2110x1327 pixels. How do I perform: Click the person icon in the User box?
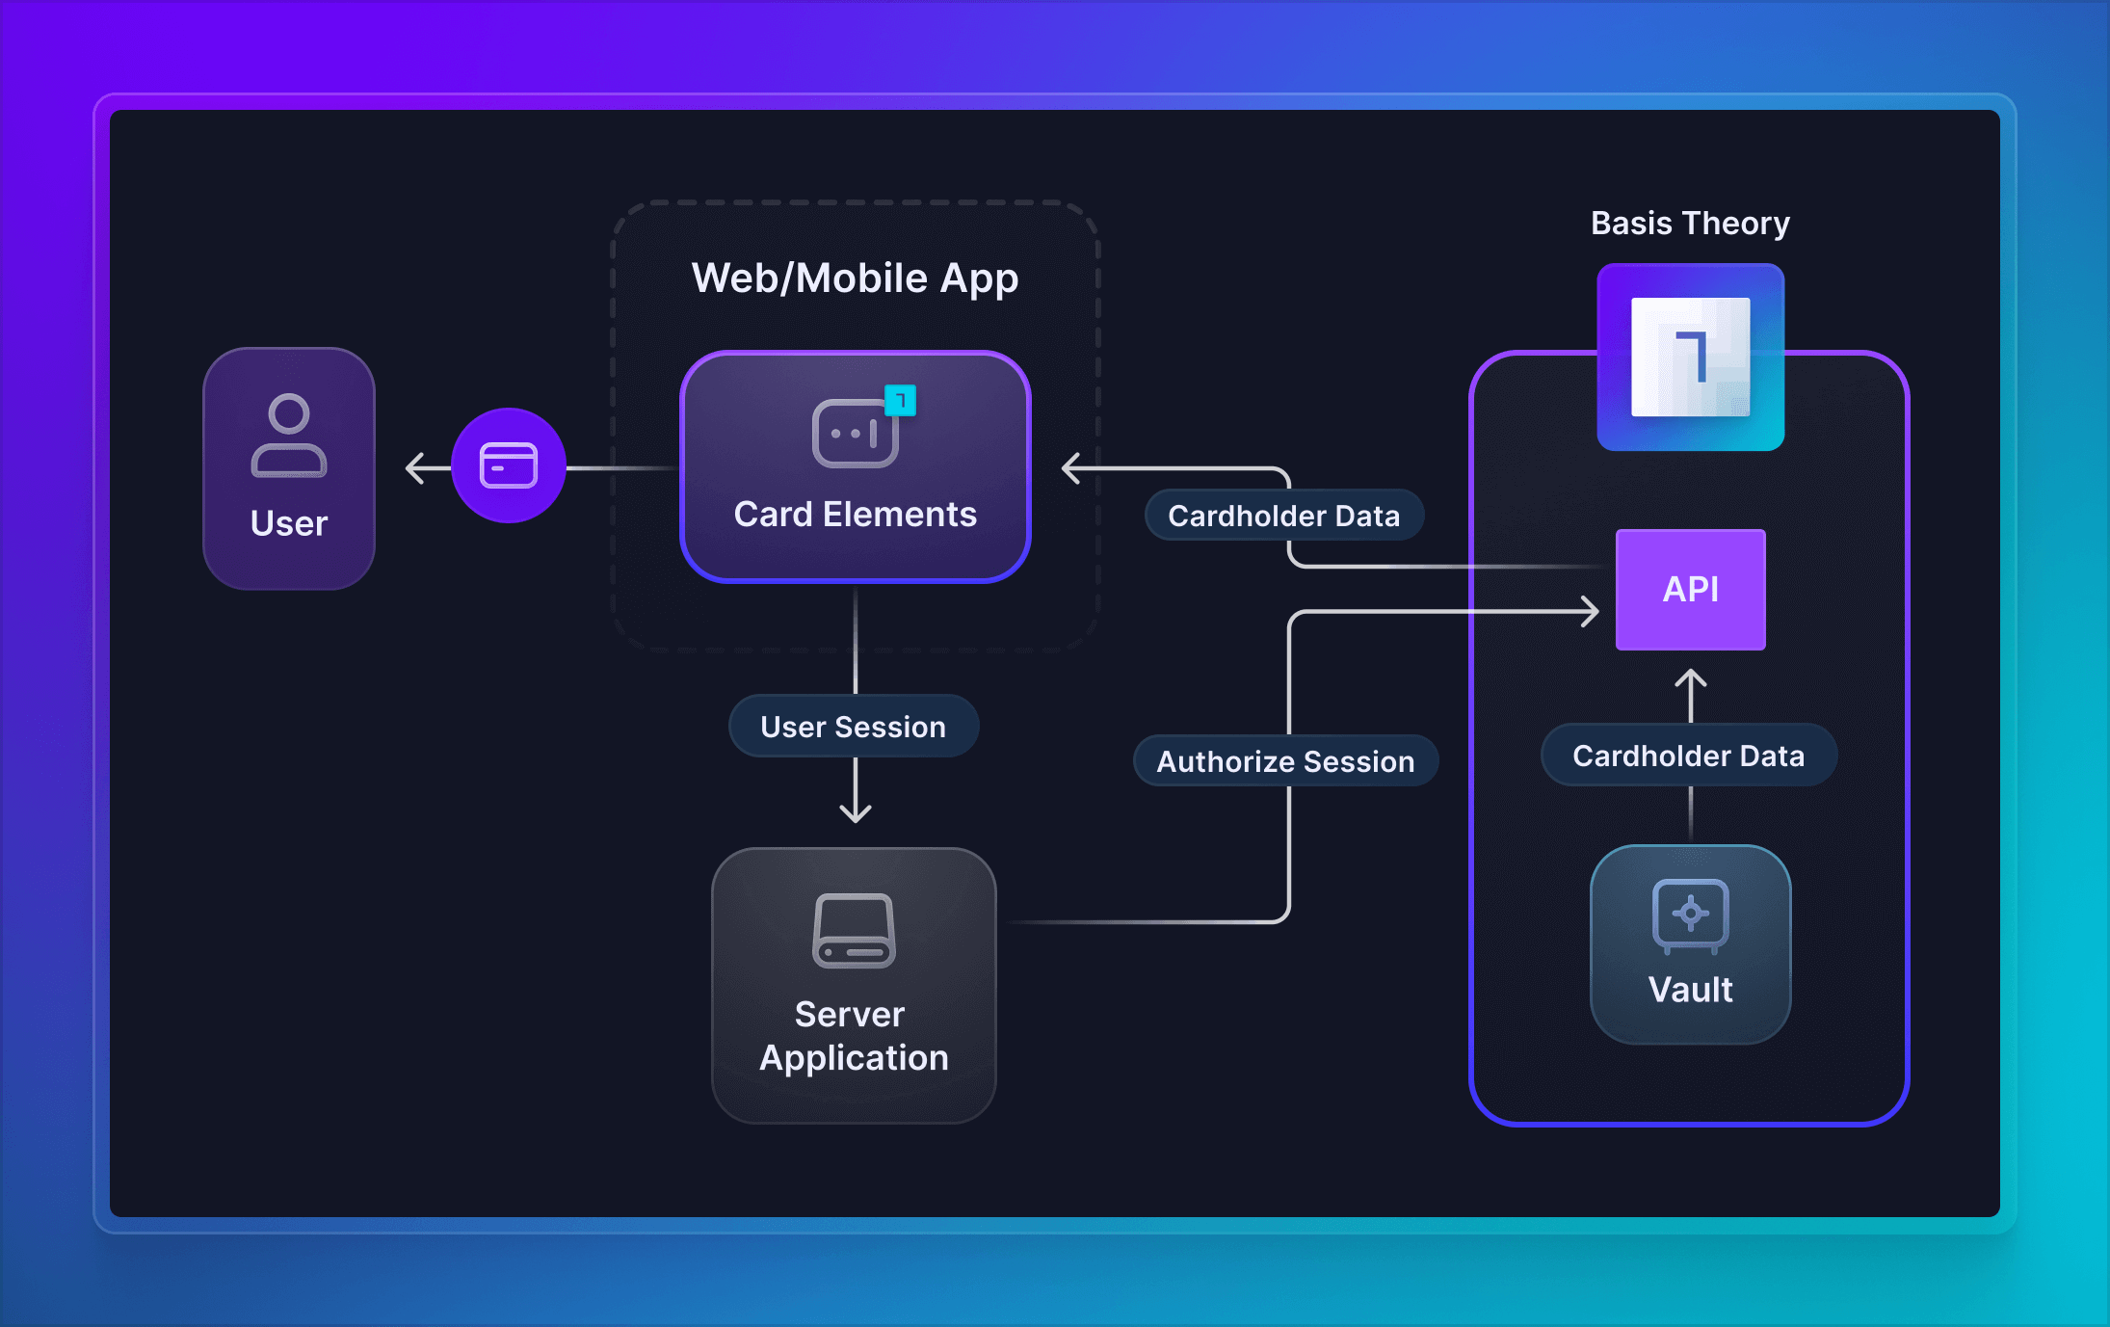(289, 435)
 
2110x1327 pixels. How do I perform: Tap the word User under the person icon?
(289, 523)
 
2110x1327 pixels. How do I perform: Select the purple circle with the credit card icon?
(509, 465)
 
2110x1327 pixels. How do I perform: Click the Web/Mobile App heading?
(855, 279)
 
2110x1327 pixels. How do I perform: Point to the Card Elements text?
(855, 515)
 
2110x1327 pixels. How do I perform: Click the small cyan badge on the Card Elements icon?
(901, 400)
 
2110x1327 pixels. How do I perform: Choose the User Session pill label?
(854, 727)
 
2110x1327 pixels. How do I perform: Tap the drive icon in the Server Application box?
(855, 931)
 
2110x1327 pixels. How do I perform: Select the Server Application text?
(854, 1036)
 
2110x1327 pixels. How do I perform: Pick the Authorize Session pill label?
(1285, 761)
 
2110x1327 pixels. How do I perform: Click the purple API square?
(1691, 590)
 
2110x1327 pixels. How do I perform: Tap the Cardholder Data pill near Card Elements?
(1283, 516)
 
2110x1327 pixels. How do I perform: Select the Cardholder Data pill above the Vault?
(1688, 756)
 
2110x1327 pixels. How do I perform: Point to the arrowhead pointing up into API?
(1691, 678)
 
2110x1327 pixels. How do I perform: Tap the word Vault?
(1691, 990)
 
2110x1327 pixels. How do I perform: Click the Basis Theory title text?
(1690, 224)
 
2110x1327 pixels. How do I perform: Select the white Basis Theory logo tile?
(1691, 357)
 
